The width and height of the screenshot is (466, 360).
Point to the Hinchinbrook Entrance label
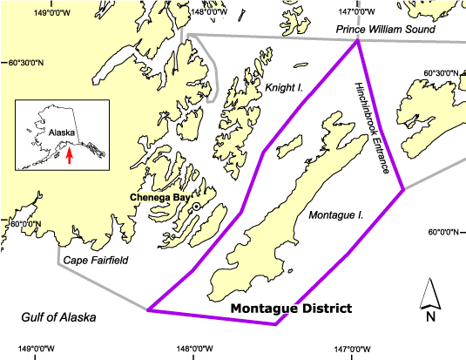coord(371,128)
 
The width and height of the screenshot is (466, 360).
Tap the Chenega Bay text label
coord(159,198)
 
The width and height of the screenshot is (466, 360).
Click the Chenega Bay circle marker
coord(197,206)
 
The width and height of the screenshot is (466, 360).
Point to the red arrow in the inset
coord(70,154)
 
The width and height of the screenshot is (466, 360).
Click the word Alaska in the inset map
coord(61,133)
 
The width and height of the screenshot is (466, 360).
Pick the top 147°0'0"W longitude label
coord(356,12)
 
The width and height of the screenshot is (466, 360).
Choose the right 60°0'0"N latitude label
coord(444,232)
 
